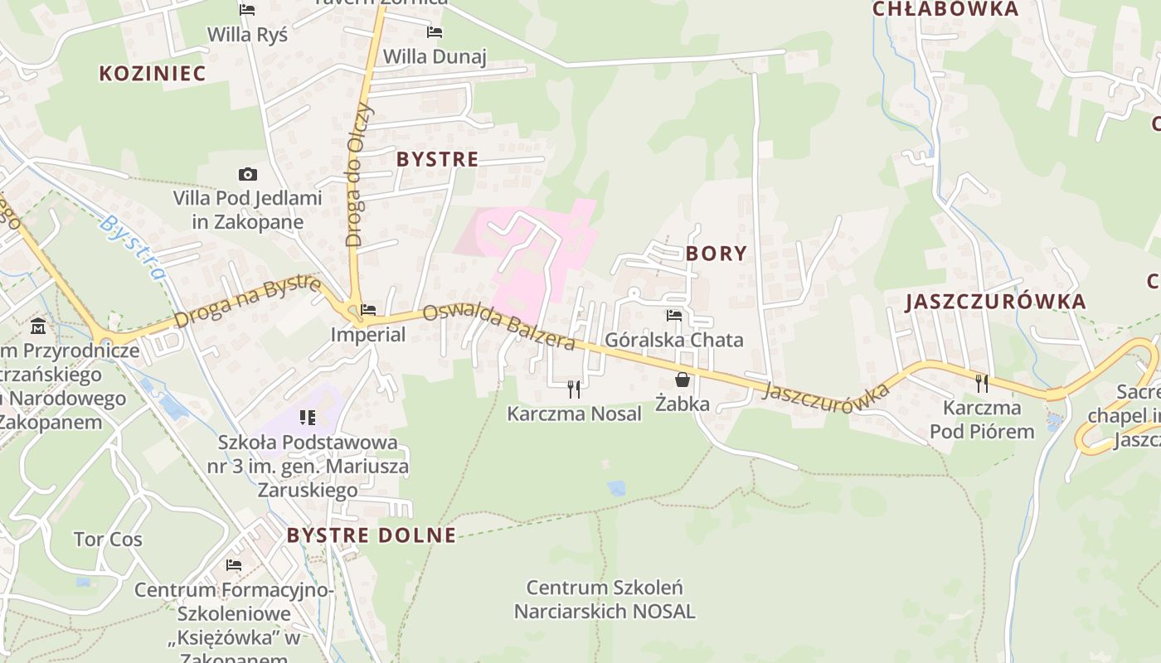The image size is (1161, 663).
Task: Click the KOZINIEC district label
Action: click(152, 73)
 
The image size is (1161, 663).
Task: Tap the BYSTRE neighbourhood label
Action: click(437, 159)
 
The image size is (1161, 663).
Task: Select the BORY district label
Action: click(717, 254)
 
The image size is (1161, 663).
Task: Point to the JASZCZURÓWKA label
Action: click(995, 302)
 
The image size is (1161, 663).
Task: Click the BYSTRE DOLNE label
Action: click(372, 535)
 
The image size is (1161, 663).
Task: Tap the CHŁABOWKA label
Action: click(945, 9)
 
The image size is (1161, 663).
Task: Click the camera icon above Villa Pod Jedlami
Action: click(247, 174)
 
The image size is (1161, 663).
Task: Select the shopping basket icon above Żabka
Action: click(682, 380)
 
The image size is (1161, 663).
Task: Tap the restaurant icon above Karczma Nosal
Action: click(573, 388)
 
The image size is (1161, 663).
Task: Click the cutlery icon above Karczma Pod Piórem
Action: click(982, 383)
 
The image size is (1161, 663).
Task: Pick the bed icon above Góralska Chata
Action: click(673, 316)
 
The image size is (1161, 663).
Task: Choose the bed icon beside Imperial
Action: click(368, 310)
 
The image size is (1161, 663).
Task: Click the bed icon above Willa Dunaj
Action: click(434, 32)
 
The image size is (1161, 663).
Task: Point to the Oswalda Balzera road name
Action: click(498, 327)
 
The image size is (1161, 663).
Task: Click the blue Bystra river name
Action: click(133, 247)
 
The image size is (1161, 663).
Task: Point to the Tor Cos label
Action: click(108, 540)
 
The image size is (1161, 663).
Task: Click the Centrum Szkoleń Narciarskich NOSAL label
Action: click(605, 600)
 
